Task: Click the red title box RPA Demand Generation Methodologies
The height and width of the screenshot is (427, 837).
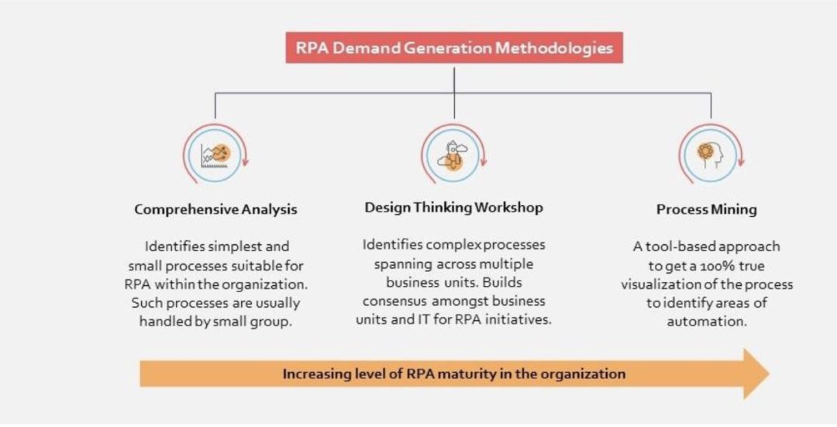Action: tap(454, 47)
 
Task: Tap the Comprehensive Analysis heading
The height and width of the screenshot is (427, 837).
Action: tap(215, 209)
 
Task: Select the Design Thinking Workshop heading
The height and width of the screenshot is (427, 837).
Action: tap(453, 207)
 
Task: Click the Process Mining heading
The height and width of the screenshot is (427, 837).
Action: tap(706, 209)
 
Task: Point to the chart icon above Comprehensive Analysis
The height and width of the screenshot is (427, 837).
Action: tap(215, 156)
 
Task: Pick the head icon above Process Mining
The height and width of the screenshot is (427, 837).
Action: tap(709, 154)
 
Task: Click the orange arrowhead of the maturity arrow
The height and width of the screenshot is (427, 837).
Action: tap(756, 374)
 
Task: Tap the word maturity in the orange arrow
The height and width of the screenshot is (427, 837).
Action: tap(459, 374)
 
